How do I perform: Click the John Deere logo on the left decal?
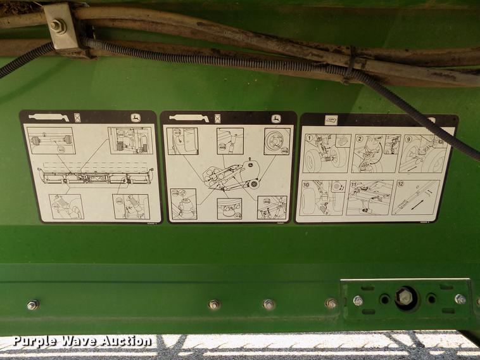(x=136, y=118)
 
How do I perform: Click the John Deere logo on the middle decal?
(x=277, y=119)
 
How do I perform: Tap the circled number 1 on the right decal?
(x=309, y=138)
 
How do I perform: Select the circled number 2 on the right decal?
(x=358, y=138)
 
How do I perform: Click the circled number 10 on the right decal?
(x=307, y=184)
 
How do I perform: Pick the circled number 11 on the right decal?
(x=354, y=184)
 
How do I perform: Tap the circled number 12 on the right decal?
(x=400, y=184)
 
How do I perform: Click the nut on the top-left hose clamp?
(x=58, y=26)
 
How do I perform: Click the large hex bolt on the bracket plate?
(x=406, y=297)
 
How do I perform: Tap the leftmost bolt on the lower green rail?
(x=33, y=305)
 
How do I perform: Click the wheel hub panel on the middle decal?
(x=277, y=141)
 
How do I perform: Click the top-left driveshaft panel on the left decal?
(x=51, y=141)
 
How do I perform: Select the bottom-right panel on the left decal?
(x=131, y=206)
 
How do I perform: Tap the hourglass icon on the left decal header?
(x=77, y=118)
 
